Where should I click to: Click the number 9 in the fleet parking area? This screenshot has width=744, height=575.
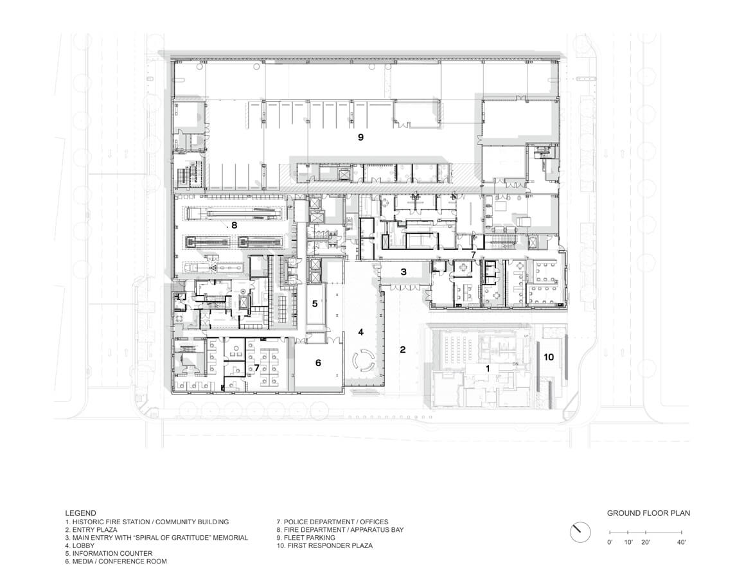pos(360,137)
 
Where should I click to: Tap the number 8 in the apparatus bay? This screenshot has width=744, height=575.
pos(235,226)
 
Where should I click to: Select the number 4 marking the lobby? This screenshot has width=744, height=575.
pos(361,332)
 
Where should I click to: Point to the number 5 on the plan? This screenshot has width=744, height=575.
pos(315,304)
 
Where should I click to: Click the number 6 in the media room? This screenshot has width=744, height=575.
pos(317,363)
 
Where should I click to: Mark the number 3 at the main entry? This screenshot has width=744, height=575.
pos(403,272)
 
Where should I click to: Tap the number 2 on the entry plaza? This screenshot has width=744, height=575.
pos(403,350)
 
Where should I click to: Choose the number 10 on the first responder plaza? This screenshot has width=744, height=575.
pos(549,357)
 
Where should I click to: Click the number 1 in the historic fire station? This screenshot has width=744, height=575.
pos(488,369)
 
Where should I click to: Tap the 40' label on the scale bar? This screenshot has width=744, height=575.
pos(680,544)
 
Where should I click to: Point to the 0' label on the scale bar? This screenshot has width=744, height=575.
pos(610,544)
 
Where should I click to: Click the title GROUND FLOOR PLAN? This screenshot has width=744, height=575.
pos(648,513)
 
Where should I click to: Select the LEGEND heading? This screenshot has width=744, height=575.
pos(80,513)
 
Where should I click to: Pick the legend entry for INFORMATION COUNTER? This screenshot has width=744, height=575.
pos(109,553)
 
